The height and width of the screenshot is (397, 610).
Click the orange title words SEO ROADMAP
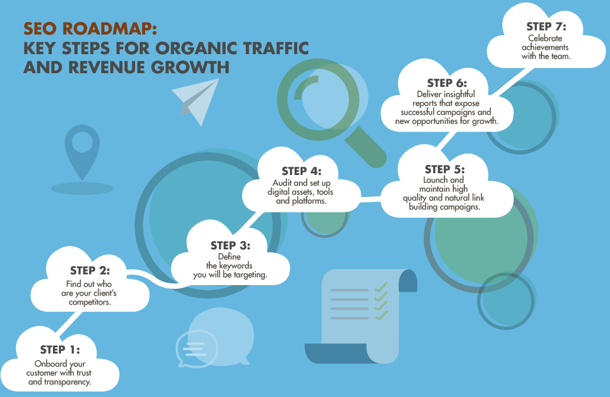90,29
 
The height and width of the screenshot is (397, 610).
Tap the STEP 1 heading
60,350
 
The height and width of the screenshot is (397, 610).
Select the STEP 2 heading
90,270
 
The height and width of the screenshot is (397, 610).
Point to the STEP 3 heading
230,246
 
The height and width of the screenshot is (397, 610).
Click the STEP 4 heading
302,171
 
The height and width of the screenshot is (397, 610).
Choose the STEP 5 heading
445,169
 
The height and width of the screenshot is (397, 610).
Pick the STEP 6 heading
447,83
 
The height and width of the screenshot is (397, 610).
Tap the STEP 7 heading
546,26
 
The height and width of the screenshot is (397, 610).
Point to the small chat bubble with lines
196,349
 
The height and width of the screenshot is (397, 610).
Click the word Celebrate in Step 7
545,38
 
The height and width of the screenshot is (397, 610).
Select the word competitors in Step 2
90,302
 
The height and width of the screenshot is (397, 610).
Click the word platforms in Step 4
309,201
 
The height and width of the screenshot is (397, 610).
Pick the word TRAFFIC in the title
276,48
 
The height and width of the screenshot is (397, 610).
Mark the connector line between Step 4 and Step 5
371,199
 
